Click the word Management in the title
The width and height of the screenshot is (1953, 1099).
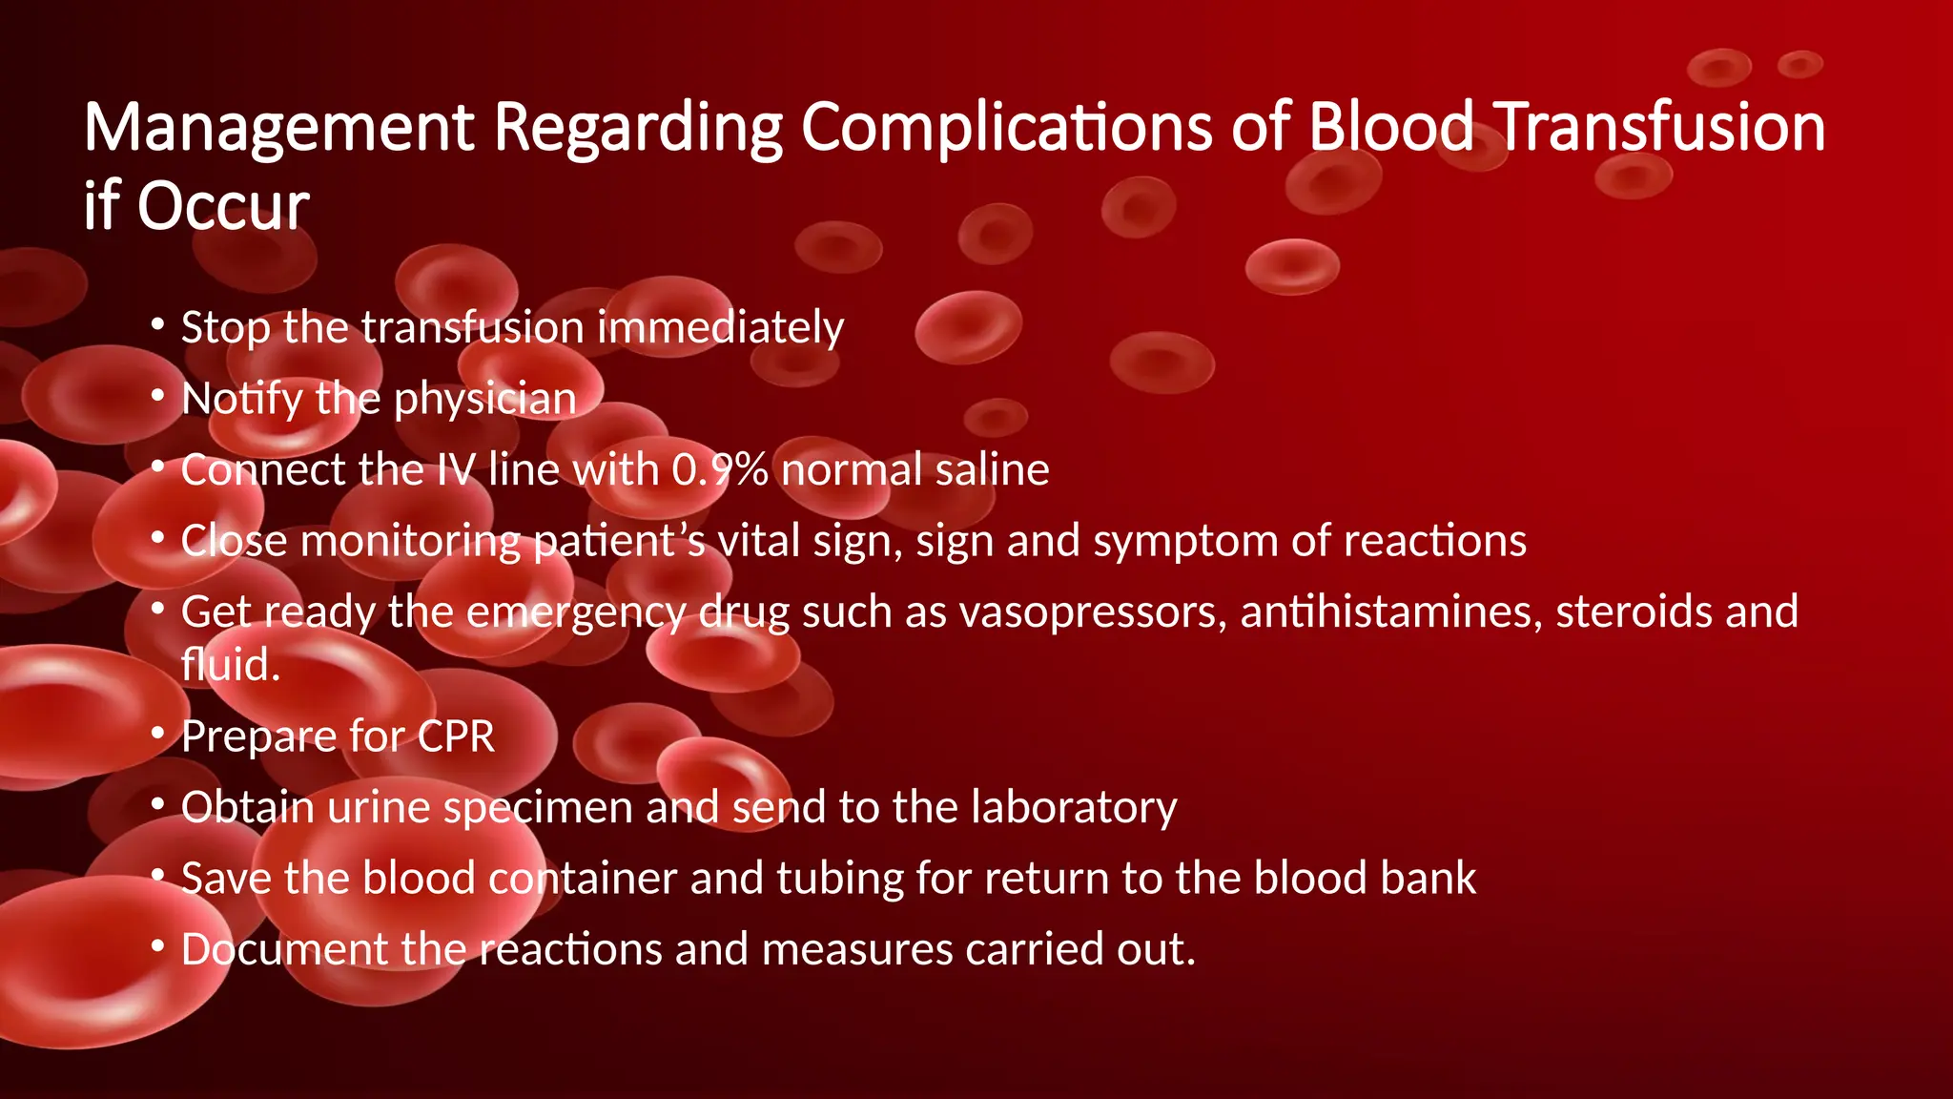click(x=279, y=128)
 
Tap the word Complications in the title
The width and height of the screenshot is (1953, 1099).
click(x=1006, y=128)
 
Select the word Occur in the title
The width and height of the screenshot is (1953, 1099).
click(x=223, y=206)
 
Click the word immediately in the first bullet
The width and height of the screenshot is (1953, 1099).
click(x=720, y=328)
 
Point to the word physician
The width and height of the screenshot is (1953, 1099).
click(x=484, y=399)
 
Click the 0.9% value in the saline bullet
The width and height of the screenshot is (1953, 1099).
click(x=719, y=469)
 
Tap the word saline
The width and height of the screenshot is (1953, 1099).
click(x=992, y=469)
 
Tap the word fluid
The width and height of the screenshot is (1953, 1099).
click(x=230, y=664)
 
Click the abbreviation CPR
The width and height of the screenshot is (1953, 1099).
click(x=456, y=736)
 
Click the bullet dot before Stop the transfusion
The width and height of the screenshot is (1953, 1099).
click(x=158, y=324)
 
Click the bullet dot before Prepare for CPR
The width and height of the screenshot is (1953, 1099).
click(x=158, y=734)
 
